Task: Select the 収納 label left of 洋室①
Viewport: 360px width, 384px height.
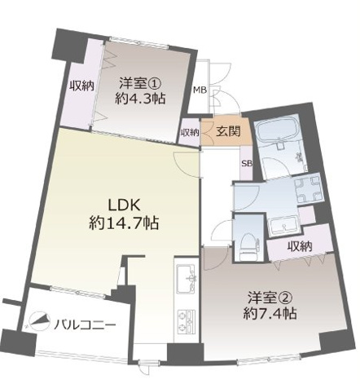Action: tap(81, 86)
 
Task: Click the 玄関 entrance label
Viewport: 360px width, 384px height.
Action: tap(227, 131)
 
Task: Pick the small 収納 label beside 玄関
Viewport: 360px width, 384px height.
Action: tap(190, 133)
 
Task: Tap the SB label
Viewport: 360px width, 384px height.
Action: tap(246, 162)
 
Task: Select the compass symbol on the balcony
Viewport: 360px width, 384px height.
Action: tap(36, 321)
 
